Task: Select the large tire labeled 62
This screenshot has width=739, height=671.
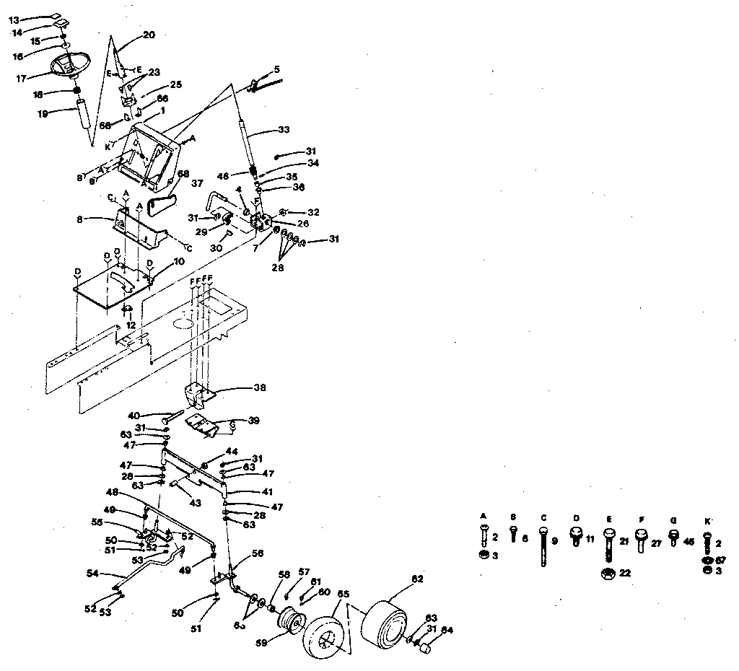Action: coord(388,620)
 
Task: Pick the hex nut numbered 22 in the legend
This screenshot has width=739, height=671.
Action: coord(608,574)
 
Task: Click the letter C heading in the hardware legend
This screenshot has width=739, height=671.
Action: coord(542,517)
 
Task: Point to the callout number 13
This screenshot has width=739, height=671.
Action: coord(14,19)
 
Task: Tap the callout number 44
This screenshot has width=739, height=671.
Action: coord(231,451)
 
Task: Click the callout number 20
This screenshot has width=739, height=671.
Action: coord(149,34)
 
